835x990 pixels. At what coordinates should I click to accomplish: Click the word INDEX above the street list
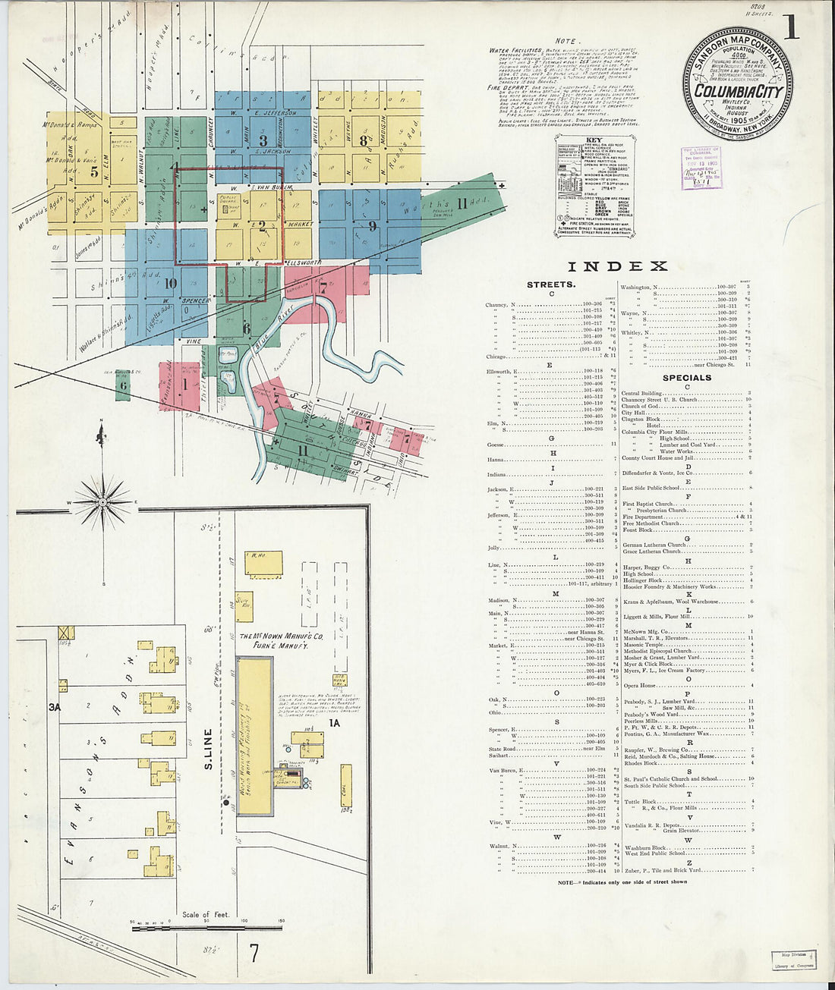[x=617, y=266]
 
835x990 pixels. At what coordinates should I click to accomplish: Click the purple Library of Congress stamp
[x=701, y=168]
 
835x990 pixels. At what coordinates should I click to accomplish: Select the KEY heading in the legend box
[x=594, y=140]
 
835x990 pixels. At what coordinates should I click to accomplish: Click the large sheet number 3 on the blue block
[x=263, y=140]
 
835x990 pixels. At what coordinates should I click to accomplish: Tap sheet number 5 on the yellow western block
[x=94, y=172]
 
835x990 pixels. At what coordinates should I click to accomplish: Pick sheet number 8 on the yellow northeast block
[x=364, y=140]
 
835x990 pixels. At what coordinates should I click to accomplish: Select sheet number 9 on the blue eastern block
[x=372, y=225]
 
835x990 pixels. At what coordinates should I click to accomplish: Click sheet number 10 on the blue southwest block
[x=170, y=284]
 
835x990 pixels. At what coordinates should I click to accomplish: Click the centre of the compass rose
[x=102, y=501]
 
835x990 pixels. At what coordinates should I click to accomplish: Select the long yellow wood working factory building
[x=254, y=735]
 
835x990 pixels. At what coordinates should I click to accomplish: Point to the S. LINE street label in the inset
[x=208, y=749]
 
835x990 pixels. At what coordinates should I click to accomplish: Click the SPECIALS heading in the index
[x=686, y=377]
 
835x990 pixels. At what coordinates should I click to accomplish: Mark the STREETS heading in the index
[x=551, y=284]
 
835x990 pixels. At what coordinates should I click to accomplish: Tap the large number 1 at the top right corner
[x=791, y=27]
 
